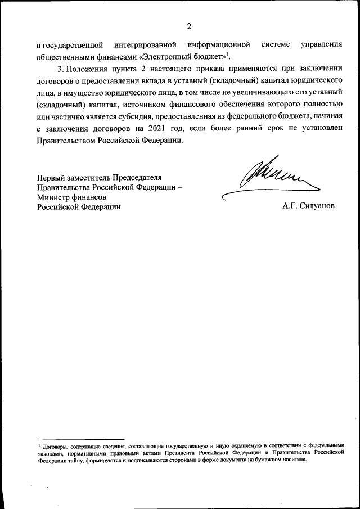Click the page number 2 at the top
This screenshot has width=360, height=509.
coord(190,26)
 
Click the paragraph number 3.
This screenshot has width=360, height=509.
coord(60,69)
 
